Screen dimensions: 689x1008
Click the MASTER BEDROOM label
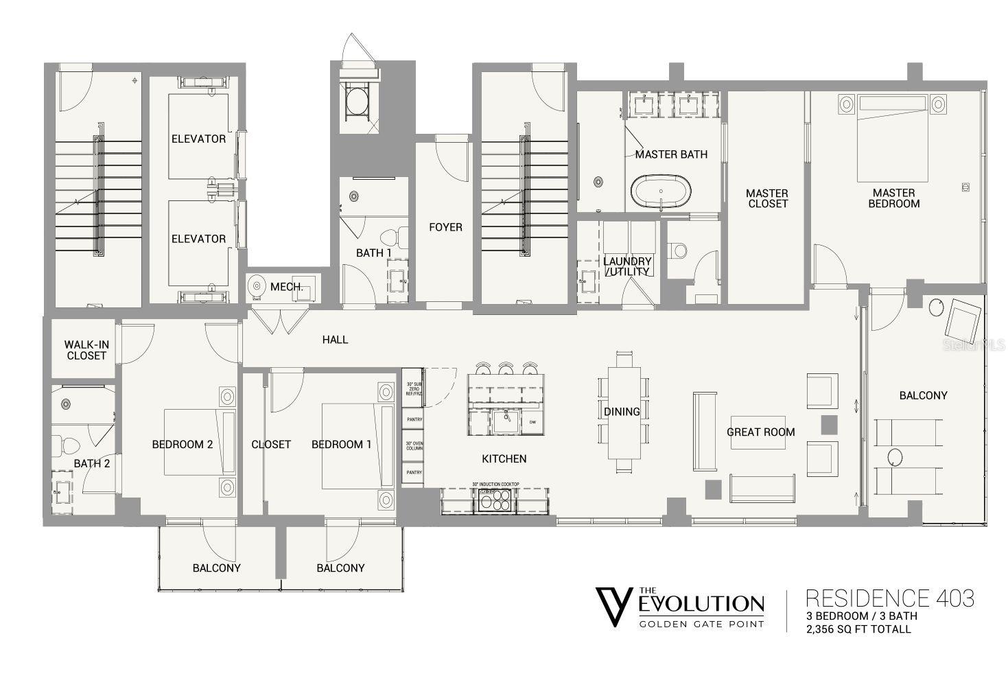(x=893, y=198)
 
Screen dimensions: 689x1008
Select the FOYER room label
(x=445, y=227)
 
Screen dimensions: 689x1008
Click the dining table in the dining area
(x=623, y=412)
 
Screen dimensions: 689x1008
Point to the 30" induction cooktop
(x=493, y=502)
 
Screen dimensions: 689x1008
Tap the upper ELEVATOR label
(x=198, y=139)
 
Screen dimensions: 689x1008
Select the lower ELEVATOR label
(x=198, y=239)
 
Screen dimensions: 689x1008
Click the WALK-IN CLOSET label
(x=86, y=350)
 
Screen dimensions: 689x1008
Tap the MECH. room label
(x=287, y=286)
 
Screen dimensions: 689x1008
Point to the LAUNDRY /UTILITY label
(x=627, y=266)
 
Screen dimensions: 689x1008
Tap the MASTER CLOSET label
(x=767, y=198)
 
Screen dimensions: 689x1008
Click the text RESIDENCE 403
(x=889, y=598)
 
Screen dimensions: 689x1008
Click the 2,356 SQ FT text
(x=858, y=629)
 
